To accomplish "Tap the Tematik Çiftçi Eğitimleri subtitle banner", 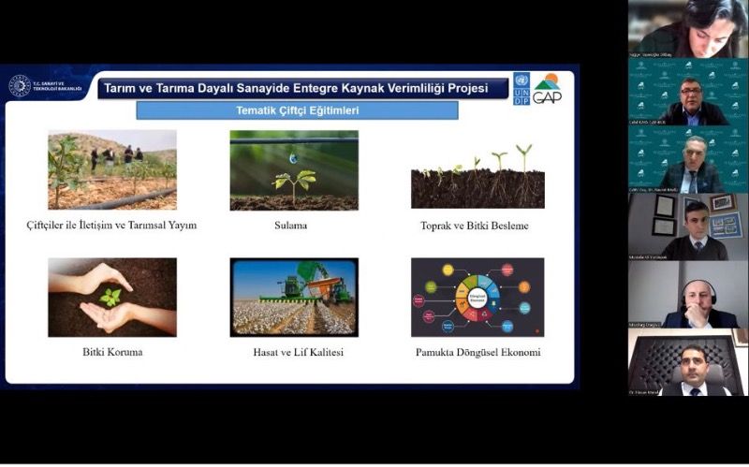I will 297,110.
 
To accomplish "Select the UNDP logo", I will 521,88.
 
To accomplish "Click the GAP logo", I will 547,88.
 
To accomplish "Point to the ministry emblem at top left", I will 20,86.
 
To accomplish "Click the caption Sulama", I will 293,226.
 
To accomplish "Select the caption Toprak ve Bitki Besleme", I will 475,226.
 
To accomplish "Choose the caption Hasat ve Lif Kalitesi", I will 293,353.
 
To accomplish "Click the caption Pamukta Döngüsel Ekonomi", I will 477,353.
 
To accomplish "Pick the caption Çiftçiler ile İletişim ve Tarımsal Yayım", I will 111,226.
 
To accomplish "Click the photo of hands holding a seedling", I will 112,297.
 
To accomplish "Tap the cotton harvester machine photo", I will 294,297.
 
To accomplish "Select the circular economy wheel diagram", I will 477,297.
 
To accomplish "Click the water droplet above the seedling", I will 293,159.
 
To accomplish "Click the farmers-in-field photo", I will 112,169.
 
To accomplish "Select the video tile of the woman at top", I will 688,29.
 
